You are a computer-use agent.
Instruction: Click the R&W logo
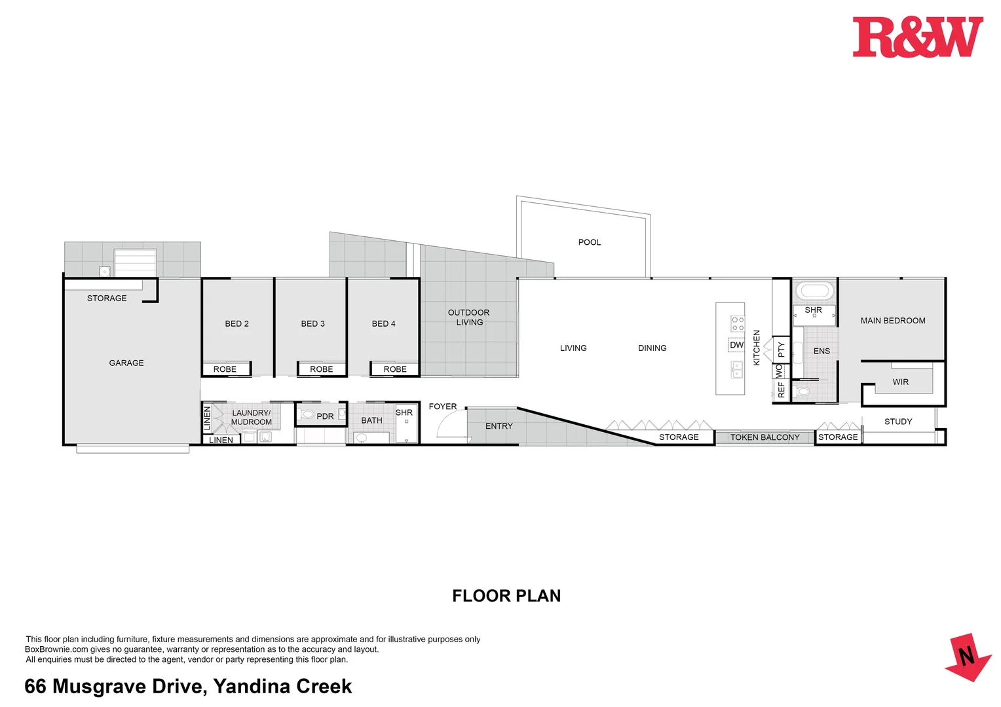pos(917,37)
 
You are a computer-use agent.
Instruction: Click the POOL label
pos(589,242)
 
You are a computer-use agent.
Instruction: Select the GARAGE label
pos(126,363)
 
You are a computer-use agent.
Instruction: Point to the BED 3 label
pos(312,323)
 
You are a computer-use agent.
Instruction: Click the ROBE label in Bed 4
pos(395,369)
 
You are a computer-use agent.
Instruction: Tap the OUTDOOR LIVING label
pos(469,317)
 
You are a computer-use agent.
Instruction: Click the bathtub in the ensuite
pos(814,291)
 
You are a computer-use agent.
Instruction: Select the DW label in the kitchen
pos(736,345)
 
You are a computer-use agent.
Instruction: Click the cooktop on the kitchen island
pos(738,323)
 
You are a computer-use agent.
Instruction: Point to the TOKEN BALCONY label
pos(765,437)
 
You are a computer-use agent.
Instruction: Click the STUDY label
pos(898,422)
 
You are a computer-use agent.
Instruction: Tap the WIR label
pos(900,382)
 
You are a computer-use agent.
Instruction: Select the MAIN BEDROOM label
pos(893,321)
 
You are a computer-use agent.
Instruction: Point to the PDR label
pos(325,416)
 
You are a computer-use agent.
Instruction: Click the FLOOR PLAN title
pos(506,596)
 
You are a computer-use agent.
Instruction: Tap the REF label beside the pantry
pos(781,390)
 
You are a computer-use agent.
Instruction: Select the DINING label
pos(652,348)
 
